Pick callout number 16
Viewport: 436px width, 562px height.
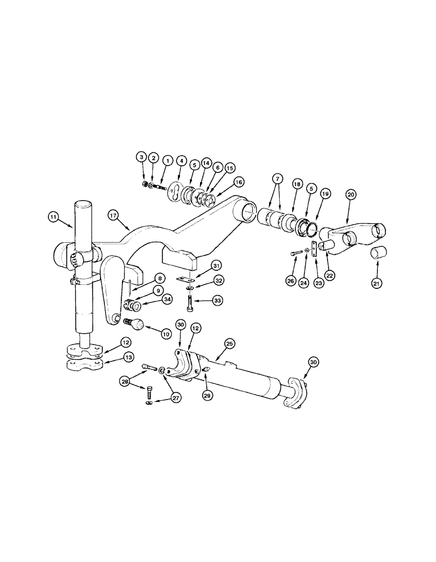(x=239, y=182)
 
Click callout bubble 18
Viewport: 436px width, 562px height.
(x=297, y=184)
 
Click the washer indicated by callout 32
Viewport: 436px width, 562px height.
(x=190, y=288)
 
